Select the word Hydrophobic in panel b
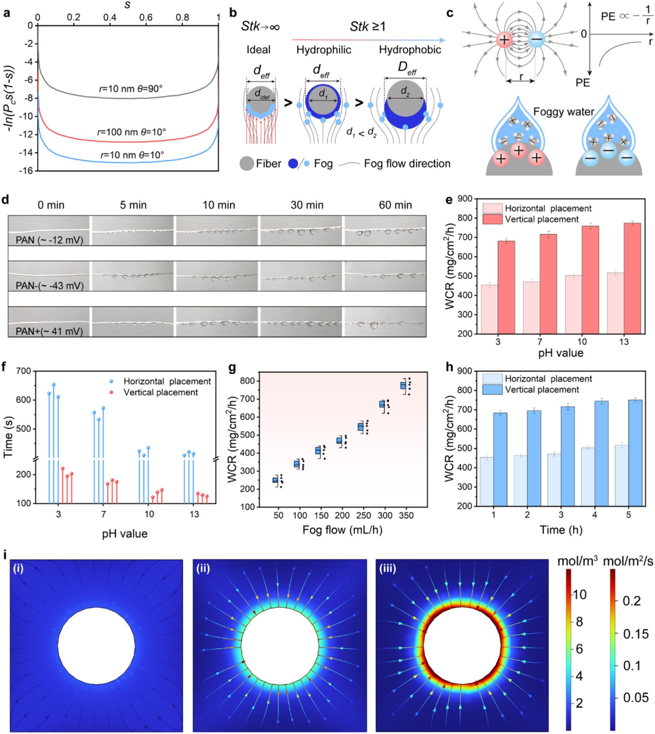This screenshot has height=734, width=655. (x=410, y=50)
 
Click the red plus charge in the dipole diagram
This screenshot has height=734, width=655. (x=504, y=40)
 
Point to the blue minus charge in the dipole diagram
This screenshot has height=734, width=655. (x=537, y=40)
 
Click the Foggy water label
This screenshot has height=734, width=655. (x=563, y=112)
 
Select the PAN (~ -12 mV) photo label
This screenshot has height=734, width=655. (x=50, y=240)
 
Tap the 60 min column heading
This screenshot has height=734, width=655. (x=395, y=205)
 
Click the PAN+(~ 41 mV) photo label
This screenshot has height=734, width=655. (x=50, y=331)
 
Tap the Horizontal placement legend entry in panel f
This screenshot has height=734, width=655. (x=167, y=381)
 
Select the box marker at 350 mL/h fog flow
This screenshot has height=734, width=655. (x=403, y=386)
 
